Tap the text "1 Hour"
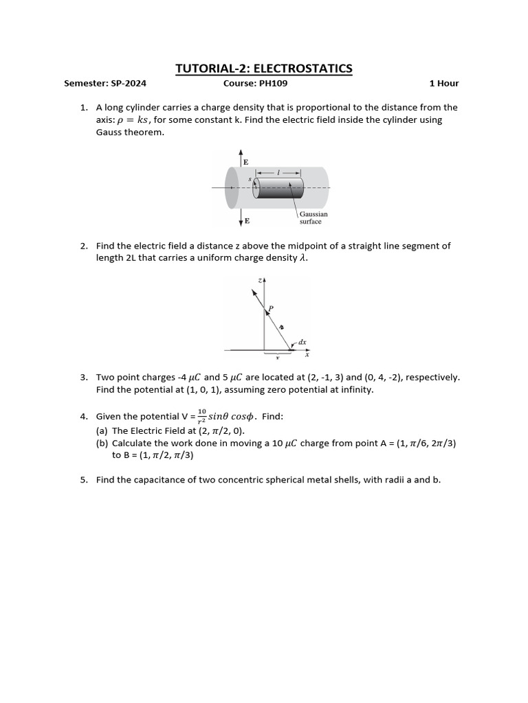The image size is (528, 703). tap(443, 84)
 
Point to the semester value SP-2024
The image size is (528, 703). tap(128, 84)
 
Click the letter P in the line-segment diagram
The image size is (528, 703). tap(271, 308)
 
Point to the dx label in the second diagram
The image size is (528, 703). tap(302, 341)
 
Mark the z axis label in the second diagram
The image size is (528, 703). tap(259, 280)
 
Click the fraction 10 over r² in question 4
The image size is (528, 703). tap(201, 417)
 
